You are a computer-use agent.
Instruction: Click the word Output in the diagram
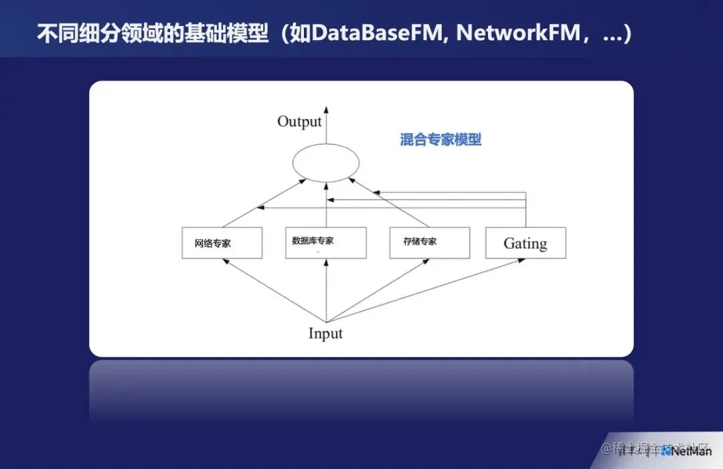tap(299, 122)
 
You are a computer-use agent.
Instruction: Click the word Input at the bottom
tap(325, 333)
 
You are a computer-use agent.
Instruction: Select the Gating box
tap(526, 243)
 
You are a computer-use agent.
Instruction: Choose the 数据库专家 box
tap(326, 243)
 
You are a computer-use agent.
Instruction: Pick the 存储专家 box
tap(428, 243)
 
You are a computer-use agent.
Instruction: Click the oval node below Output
tap(326, 163)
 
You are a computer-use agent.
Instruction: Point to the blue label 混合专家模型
tap(440, 140)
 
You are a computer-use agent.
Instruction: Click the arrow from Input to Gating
tap(428, 290)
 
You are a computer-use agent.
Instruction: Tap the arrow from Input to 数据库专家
tap(326, 291)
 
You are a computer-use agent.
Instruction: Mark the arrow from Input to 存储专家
tap(378, 290)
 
